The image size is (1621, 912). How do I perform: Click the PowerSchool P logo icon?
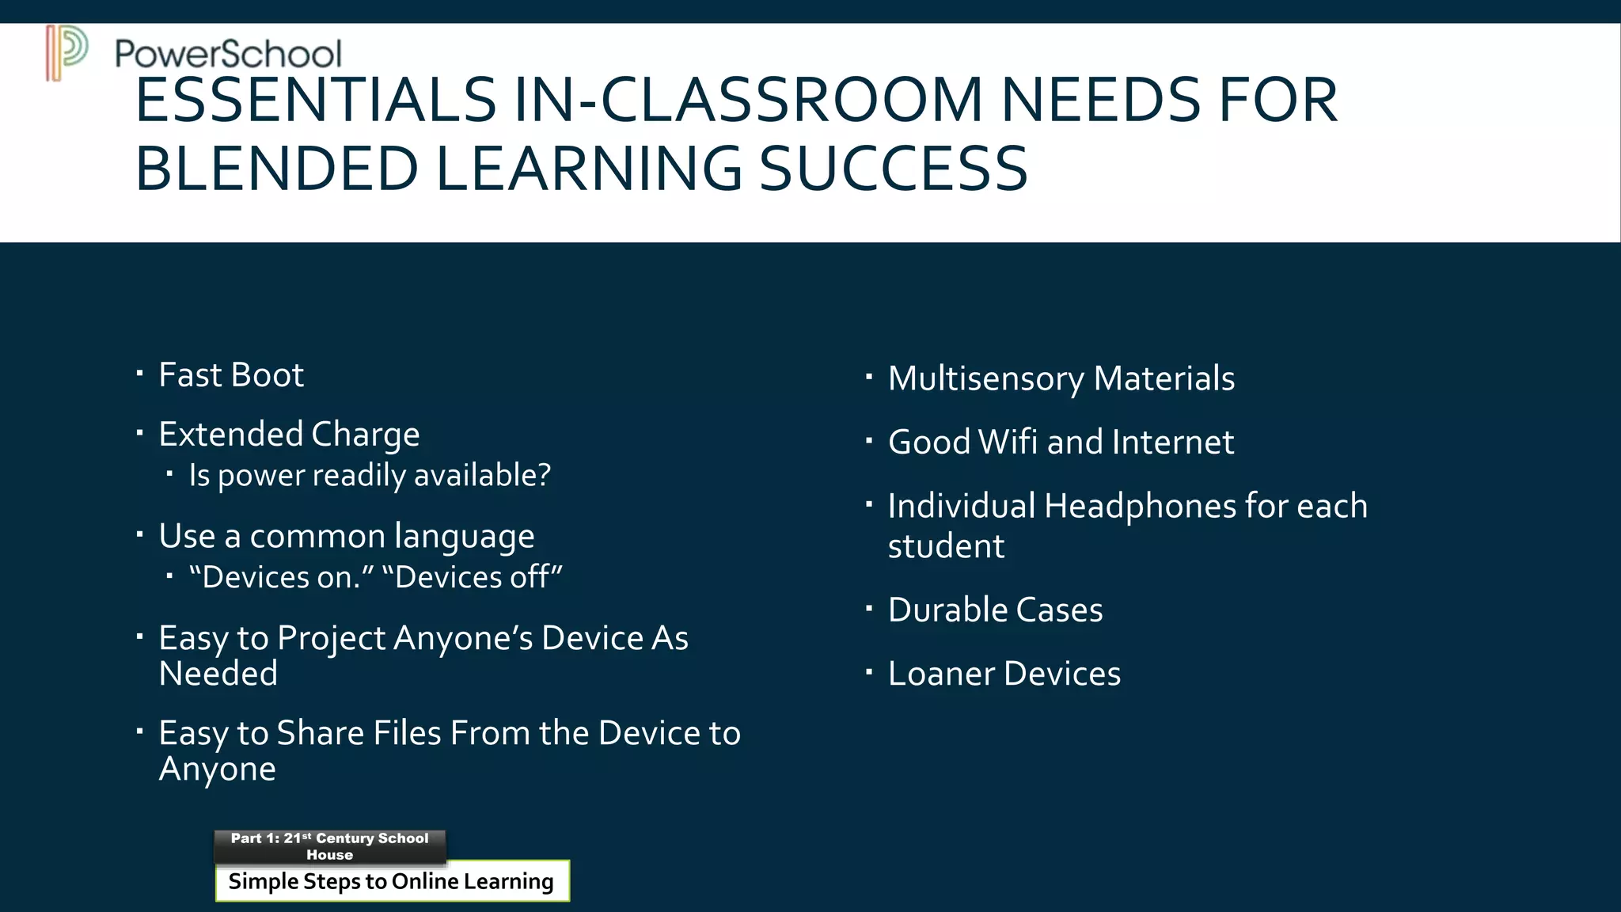click(66, 52)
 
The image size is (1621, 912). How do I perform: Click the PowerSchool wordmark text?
click(228, 54)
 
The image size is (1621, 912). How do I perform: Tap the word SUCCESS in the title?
click(894, 169)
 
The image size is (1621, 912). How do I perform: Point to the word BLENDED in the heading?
click(276, 169)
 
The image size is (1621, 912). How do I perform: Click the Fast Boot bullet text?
click(231, 375)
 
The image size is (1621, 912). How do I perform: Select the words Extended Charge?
click(289, 435)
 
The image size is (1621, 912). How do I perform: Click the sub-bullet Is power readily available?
click(369, 475)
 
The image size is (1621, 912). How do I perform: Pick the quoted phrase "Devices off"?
click(473, 577)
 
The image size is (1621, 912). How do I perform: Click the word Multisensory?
click(985, 378)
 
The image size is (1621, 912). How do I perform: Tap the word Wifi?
click(1008, 442)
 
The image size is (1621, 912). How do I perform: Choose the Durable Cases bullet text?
click(995, 610)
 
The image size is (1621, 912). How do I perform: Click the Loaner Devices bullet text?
click(1004, 674)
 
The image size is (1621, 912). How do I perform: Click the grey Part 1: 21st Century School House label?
click(330, 846)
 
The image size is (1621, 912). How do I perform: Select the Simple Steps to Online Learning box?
click(392, 881)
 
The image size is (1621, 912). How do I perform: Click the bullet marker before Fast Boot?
click(140, 373)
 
